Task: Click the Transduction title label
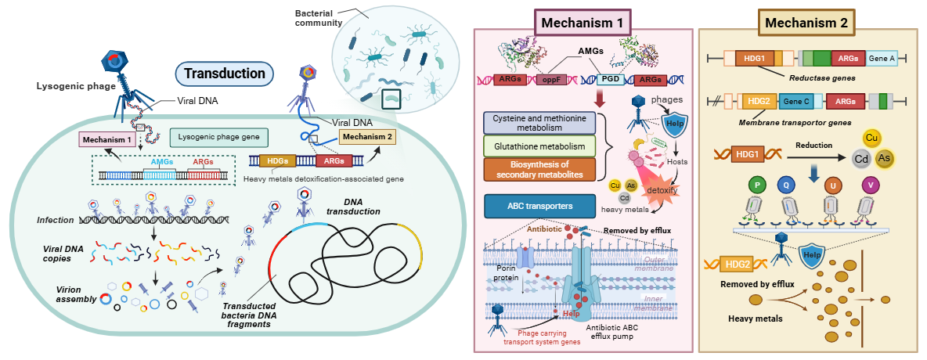pyautogui.click(x=225, y=74)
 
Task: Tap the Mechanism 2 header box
pyautogui.click(x=806, y=23)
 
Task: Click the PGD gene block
pyautogui.click(x=611, y=79)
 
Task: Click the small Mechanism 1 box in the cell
pyautogui.click(x=106, y=139)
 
